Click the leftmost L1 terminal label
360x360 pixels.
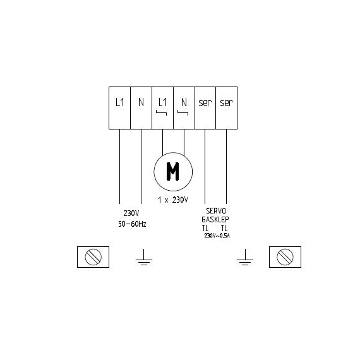click(x=119, y=102)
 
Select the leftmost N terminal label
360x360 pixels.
click(x=141, y=102)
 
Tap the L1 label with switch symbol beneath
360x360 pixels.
click(x=162, y=102)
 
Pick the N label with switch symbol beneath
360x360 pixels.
click(x=184, y=102)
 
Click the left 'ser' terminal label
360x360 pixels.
click(x=205, y=103)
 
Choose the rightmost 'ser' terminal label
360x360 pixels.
click(x=226, y=103)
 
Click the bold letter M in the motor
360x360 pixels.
click(x=172, y=172)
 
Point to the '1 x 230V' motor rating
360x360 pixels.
click(x=173, y=200)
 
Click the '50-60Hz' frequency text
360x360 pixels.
click(x=132, y=224)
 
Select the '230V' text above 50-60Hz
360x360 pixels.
click(x=131, y=213)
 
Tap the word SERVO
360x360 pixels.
click(x=216, y=211)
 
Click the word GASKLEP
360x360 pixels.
click(x=215, y=220)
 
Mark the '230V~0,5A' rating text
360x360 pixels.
click(x=217, y=236)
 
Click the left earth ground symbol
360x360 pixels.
click(x=144, y=257)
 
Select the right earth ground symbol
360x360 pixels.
click(x=245, y=257)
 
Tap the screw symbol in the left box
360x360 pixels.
click(x=93, y=257)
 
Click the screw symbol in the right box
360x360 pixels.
click(x=285, y=257)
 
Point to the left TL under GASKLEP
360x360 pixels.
click(x=205, y=228)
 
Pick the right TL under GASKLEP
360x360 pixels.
click(x=224, y=228)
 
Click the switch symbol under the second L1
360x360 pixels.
click(x=162, y=112)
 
